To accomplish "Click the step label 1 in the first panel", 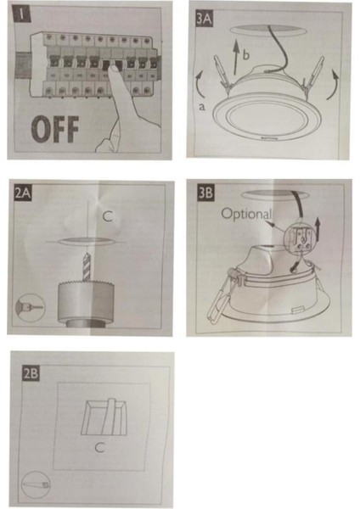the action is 21,14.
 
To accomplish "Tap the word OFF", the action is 55,129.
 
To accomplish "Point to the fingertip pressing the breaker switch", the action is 112,69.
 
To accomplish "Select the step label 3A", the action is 204,20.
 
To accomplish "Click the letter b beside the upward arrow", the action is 246,55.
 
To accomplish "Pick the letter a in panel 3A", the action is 202,107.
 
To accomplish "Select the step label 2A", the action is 22,193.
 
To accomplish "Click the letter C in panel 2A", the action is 108,216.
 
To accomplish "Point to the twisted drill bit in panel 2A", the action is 87,267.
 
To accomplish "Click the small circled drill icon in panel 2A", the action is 31,307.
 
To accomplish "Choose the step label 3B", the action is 205,193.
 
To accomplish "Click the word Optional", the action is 246,214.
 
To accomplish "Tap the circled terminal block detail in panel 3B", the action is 299,238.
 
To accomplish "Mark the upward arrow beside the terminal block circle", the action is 318,229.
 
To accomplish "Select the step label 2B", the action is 31,373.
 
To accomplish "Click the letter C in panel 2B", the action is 99,448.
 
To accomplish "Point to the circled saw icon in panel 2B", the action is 36,485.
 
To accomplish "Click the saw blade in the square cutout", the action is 110,417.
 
